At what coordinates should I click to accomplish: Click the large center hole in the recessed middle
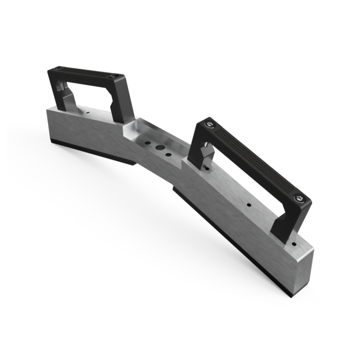[159, 147]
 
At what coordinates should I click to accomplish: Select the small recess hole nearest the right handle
[168, 155]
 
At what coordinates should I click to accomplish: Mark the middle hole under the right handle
[248, 205]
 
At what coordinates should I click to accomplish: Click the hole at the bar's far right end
[294, 244]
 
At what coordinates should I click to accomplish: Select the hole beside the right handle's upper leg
[207, 167]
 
